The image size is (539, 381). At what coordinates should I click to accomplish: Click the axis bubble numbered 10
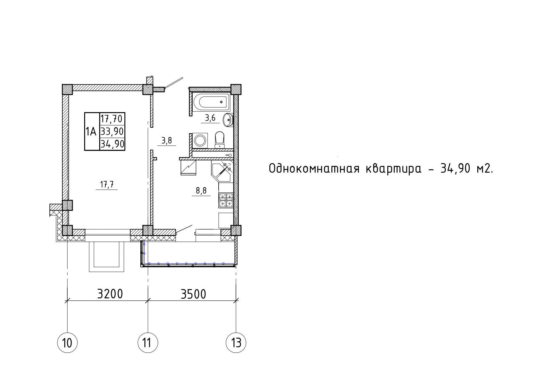(x=67, y=342)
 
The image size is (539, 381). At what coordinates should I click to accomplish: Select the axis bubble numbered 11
(x=148, y=342)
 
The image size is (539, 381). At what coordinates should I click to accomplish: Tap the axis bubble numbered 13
(x=236, y=342)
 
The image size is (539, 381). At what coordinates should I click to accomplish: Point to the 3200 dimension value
(x=110, y=294)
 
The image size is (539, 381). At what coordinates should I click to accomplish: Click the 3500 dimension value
(x=193, y=294)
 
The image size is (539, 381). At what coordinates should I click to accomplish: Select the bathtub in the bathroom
(x=212, y=102)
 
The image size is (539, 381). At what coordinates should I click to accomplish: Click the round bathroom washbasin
(x=228, y=120)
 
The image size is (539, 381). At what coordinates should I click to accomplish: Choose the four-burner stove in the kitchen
(x=226, y=200)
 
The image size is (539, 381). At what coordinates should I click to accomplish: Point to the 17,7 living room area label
(x=107, y=184)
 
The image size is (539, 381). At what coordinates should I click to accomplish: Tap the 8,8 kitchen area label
(x=201, y=191)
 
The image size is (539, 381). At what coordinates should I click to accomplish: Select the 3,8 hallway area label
(x=167, y=141)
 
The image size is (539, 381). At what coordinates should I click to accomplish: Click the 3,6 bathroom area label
(x=210, y=118)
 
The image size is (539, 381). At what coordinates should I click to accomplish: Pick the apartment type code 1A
(x=91, y=132)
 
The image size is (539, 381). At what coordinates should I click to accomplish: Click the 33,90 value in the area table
(x=112, y=132)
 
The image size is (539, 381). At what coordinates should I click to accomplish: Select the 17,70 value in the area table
(x=112, y=119)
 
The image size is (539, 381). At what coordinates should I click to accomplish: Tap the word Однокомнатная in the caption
(x=314, y=169)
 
